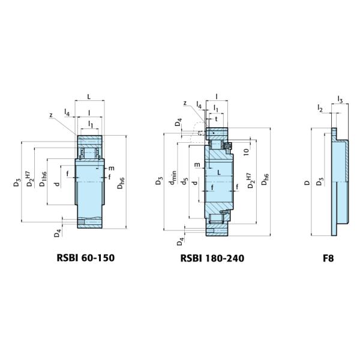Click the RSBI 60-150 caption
click(x=86, y=258)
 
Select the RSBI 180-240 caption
click(x=212, y=258)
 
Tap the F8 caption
click(x=328, y=258)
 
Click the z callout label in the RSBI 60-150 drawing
click(x=51, y=115)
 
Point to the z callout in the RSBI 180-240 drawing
click(x=185, y=103)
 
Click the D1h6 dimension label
click(x=43, y=179)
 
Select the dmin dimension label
click(x=173, y=178)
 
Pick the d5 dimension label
click(x=184, y=181)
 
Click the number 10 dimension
click(x=246, y=152)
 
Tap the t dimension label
click(x=216, y=119)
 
